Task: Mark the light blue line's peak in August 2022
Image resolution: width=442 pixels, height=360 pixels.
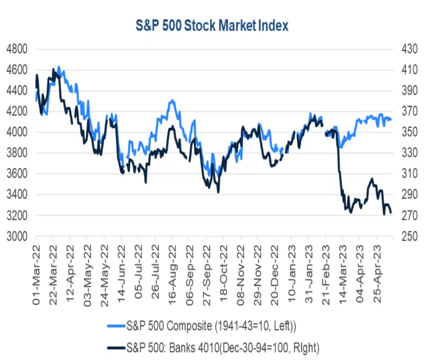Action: point(172,100)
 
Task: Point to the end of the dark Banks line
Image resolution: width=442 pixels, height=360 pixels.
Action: point(391,212)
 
